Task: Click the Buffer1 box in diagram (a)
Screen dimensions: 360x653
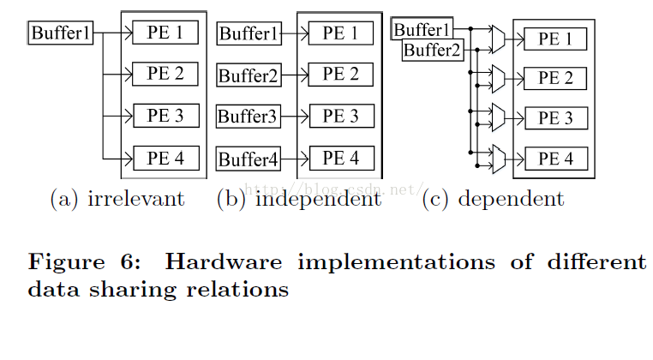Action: click(x=61, y=33)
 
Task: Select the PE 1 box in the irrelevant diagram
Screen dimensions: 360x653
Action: click(x=165, y=33)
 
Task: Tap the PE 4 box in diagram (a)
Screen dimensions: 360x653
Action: click(x=165, y=158)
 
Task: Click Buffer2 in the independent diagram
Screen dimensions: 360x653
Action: click(x=249, y=75)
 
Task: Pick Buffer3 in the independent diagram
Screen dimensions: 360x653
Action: click(x=248, y=117)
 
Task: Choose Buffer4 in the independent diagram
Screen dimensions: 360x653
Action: click(x=249, y=159)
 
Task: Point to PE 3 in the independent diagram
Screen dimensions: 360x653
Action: click(x=340, y=116)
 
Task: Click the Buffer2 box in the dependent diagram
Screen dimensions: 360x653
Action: click(x=433, y=50)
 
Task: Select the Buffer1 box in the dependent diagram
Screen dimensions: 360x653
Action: click(x=422, y=31)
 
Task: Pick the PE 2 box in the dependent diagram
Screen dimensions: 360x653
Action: click(x=555, y=79)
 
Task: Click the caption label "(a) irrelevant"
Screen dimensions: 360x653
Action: click(x=117, y=200)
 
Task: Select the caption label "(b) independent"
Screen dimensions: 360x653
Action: click(x=298, y=200)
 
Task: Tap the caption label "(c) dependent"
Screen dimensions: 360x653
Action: click(x=494, y=200)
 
